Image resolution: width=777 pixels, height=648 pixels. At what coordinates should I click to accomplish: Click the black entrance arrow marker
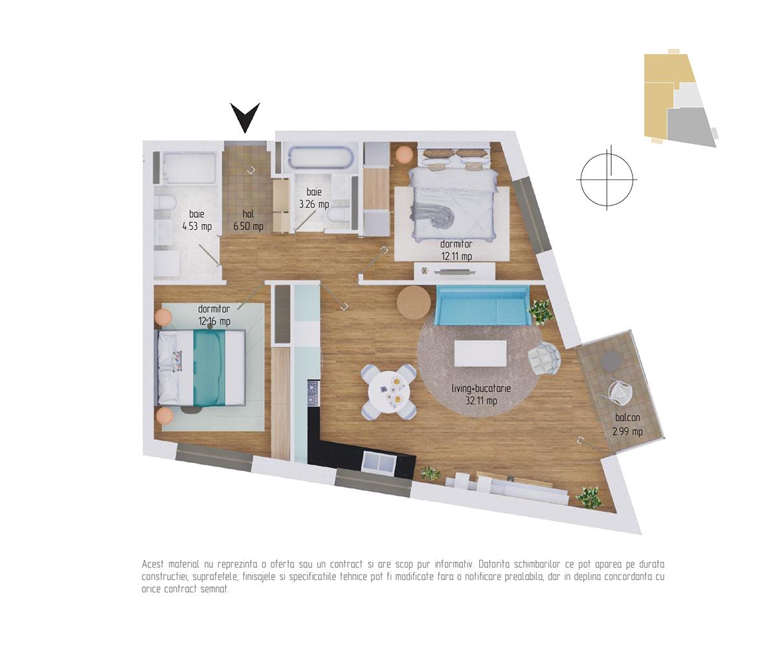point(245,117)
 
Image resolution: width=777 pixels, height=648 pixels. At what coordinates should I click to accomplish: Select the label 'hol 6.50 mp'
point(248,220)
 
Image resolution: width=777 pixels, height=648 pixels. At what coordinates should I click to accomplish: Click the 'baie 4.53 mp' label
point(197,220)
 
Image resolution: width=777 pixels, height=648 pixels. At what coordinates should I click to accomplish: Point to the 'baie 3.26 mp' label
point(314,198)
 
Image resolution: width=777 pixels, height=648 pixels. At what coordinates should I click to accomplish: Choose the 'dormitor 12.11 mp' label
point(456,250)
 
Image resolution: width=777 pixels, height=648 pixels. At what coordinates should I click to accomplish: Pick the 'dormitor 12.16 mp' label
point(214,315)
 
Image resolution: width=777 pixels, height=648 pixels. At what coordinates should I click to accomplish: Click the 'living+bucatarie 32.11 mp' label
point(481,394)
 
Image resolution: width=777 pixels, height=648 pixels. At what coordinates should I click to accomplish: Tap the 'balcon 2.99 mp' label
point(627,424)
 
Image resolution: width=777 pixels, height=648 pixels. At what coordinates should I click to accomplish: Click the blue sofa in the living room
point(482,305)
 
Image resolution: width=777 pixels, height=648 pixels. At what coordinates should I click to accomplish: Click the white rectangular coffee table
point(480,353)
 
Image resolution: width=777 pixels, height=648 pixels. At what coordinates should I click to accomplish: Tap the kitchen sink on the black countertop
point(379,462)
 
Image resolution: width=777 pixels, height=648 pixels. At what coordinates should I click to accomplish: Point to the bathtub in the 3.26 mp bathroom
point(321,157)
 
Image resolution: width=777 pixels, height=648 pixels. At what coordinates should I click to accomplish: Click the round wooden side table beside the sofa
point(414,303)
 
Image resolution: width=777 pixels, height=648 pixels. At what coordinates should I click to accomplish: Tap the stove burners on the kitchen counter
point(313,393)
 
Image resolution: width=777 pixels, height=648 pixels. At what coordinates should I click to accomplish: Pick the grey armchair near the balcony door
point(545,358)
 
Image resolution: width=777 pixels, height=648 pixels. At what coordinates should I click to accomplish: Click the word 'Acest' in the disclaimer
point(153,564)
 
